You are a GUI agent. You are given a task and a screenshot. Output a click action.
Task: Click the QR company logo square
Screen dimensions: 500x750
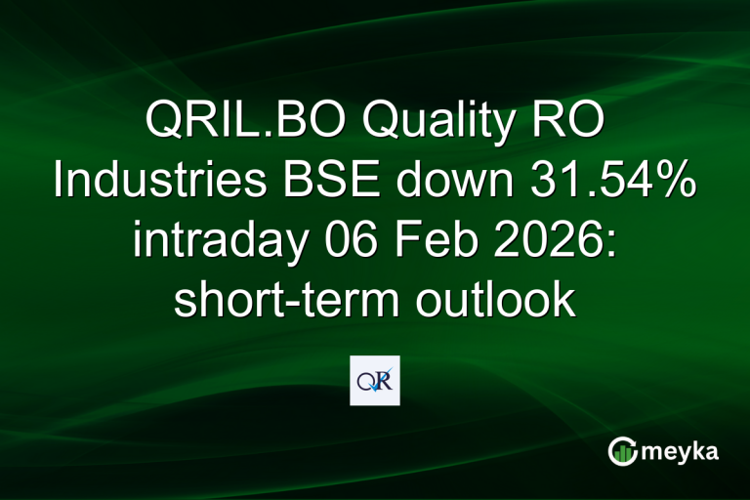(375, 381)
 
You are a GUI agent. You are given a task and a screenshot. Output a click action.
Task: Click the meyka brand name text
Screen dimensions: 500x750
(681, 451)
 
